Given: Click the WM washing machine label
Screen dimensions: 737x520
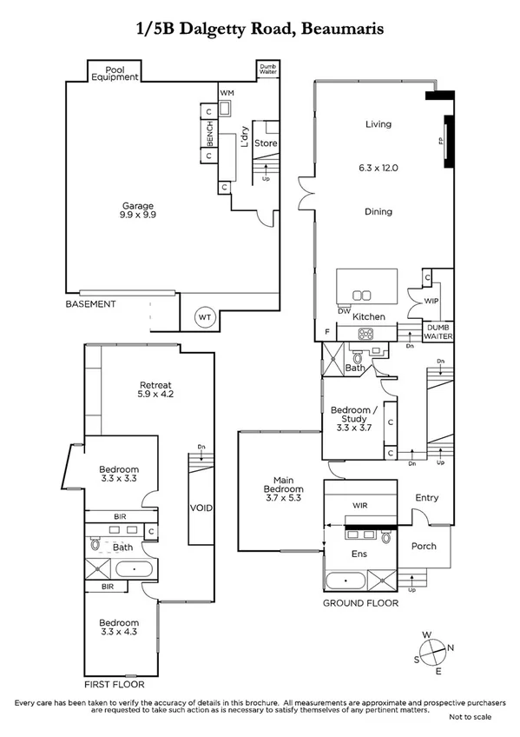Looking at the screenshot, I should pyautogui.click(x=227, y=92).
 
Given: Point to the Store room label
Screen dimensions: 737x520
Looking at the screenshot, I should pyautogui.click(x=266, y=143).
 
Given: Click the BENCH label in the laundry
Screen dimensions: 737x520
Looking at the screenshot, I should pyautogui.click(x=209, y=134).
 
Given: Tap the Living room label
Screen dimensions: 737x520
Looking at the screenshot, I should pyautogui.click(x=378, y=124).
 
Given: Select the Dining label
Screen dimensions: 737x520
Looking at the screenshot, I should pyautogui.click(x=378, y=211).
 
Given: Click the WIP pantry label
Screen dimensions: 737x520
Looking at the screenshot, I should pyautogui.click(x=431, y=302).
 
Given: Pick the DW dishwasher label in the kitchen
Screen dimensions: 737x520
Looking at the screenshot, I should pyautogui.click(x=345, y=310).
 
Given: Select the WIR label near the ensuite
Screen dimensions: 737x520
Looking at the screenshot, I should pyautogui.click(x=361, y=504).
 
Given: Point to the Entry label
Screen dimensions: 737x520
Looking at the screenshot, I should pyautogui.click(x=426, y=498).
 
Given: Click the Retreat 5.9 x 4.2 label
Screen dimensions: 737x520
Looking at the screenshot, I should pyautogui.click(x=155, y=391).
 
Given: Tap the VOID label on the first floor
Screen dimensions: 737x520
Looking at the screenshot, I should pyautogui.click(x=201, y=508).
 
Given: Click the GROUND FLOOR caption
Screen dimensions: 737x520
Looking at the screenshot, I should pyautogui.click(x=360, y=602).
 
